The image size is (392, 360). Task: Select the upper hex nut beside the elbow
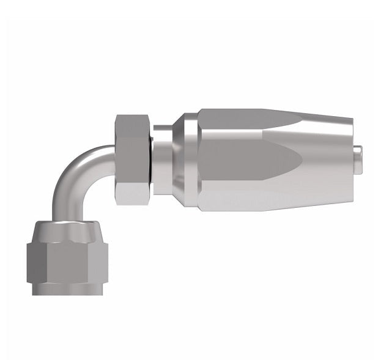133,159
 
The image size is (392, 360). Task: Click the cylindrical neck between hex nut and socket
161,159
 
